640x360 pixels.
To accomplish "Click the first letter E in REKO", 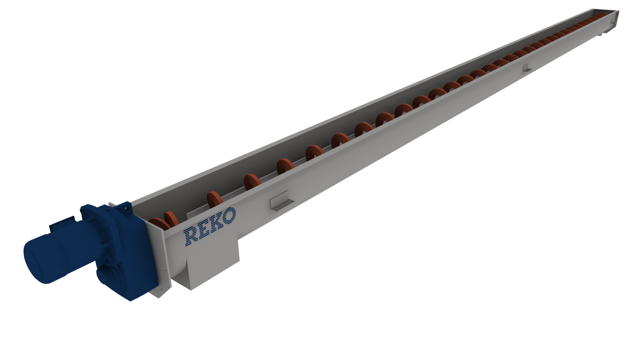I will [x=204, y=229].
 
